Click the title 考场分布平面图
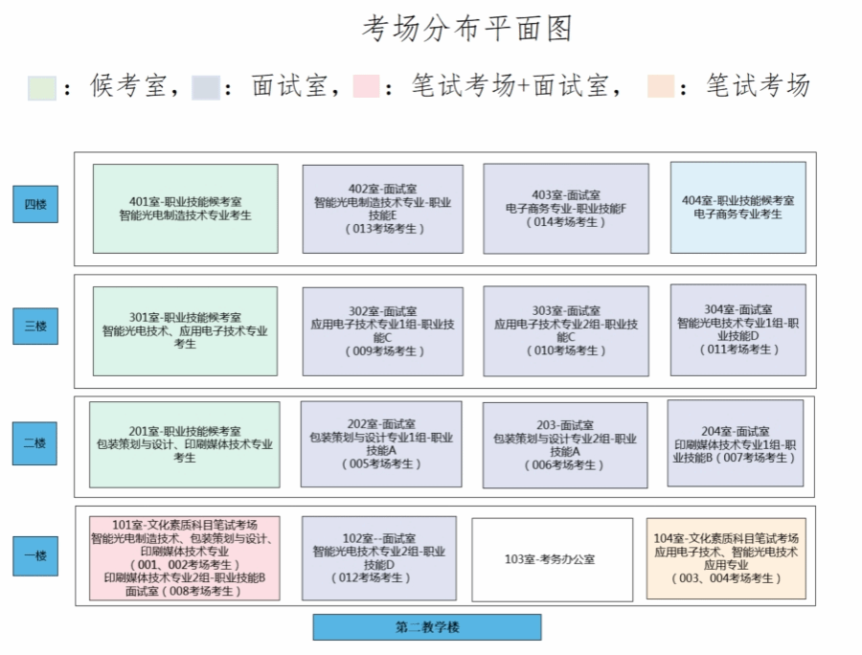(x=466, y=29)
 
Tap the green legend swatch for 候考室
(x=42, y=87)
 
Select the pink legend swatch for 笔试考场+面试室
(x=366, y=86)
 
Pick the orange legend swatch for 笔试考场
(x=661, y=86)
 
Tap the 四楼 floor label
(x=34, y=204)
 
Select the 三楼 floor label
(x=34, y=326)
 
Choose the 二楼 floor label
(x=34, y=443)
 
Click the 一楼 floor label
(x=34, y=556)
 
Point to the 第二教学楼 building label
(x=427, y=627)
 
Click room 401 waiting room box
(x=185, y=209)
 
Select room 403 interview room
(x=565, y=209)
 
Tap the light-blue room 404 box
(x=737, y=208)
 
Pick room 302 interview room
(x=382, y=331)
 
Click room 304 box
(x=737, y=330)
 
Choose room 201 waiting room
(x=185, y=444)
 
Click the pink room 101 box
(x=185, y=558)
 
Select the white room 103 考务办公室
(x=552, y=559)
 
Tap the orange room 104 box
(x=725, y=558)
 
